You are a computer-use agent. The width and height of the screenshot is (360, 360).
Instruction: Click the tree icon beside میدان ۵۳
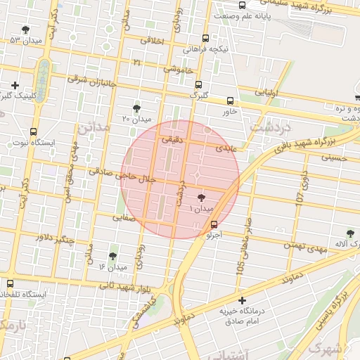point(26,30)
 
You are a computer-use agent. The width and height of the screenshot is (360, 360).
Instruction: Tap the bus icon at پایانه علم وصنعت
point(243,6)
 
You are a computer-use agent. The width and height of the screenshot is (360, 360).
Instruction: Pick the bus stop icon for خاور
point(231,100)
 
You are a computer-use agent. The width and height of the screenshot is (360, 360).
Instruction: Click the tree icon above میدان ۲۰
point(136,108)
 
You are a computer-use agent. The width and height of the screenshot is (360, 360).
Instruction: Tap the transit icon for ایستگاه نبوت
point(34,131)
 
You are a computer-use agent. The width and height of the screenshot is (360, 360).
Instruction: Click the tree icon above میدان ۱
point(202,199)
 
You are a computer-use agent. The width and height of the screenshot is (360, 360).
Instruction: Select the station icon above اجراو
point(214,224)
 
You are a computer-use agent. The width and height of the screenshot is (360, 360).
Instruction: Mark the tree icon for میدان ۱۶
point(112,257)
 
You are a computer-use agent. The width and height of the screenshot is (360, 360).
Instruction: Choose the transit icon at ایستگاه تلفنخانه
point(9,283)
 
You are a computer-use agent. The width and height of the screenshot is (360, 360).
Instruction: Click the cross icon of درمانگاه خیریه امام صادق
point(243,301)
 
